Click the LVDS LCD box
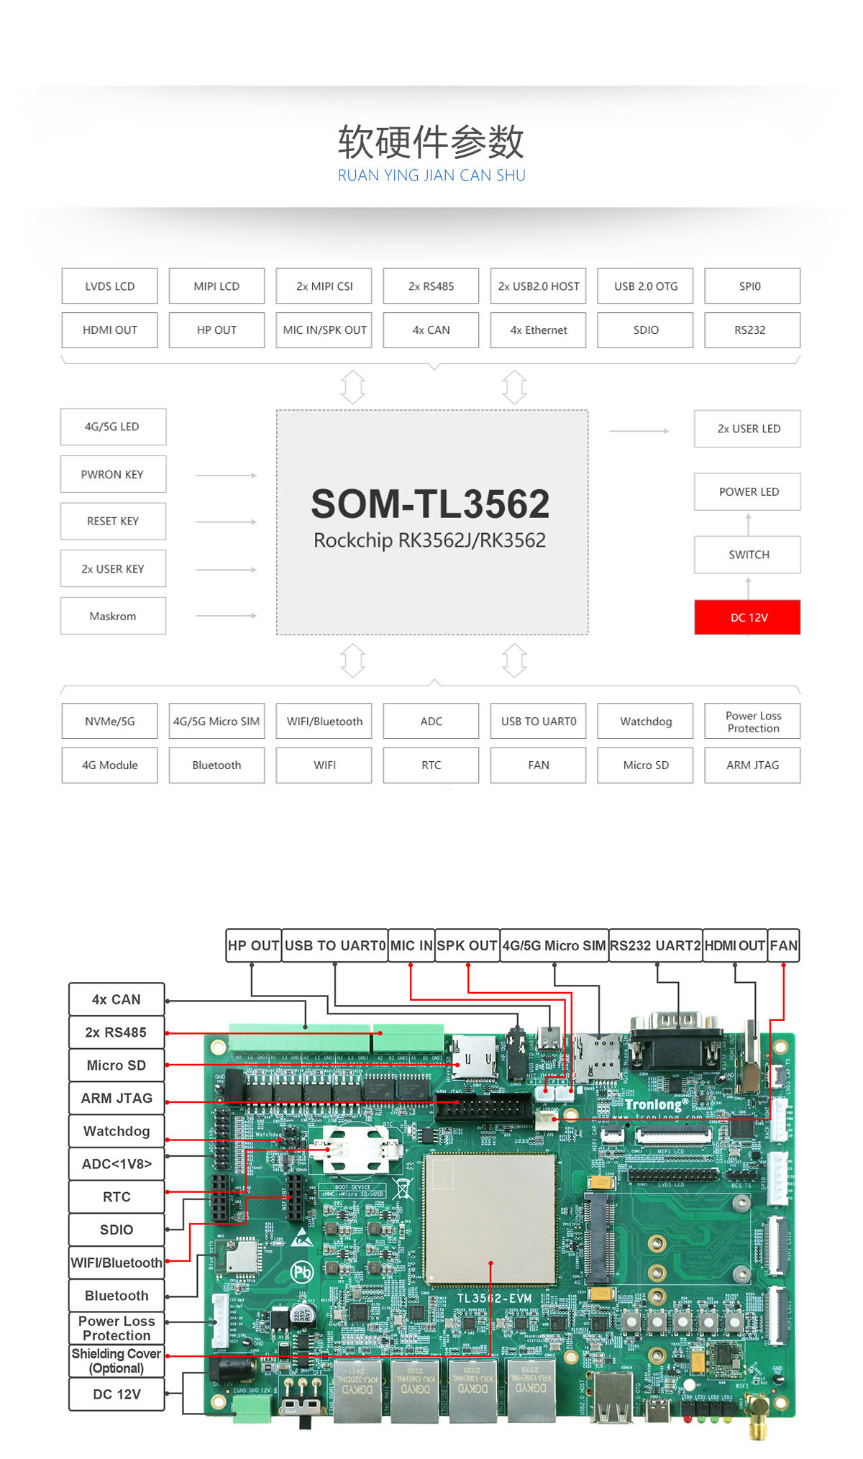109,286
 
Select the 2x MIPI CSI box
324,286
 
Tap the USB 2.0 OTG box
645,286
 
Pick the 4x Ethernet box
538,330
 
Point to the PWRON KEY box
113,474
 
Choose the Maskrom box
113,616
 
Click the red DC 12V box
747,617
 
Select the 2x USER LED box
747,429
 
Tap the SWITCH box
747,555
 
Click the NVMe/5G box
109,721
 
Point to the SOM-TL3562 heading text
430,504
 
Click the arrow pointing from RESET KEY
226,522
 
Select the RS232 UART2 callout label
655,945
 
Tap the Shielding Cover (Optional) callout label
117,1361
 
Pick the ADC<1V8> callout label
117,1164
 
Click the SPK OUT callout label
467,945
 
